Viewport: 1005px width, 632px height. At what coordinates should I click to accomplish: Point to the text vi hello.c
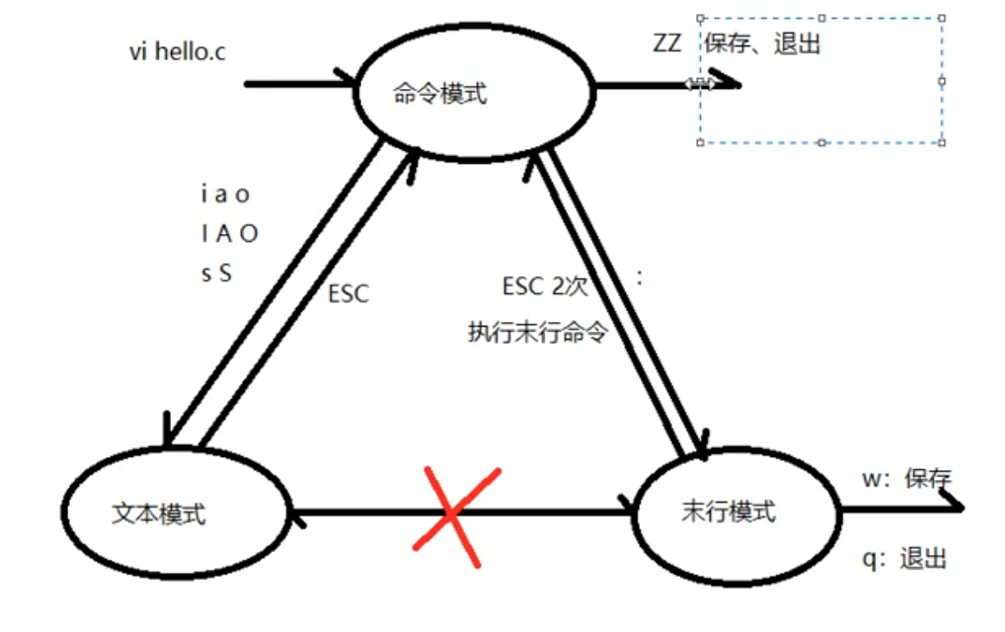(x=177, y=51)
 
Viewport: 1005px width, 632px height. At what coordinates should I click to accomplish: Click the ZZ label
(x=666, y=44)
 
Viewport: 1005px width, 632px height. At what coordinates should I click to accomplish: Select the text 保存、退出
(x=762, y=44)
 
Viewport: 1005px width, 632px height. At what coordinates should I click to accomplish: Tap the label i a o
(x=224, y=195)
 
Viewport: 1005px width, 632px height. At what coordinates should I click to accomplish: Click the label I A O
(x=228, y=234)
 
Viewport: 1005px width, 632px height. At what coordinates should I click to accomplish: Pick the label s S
(x=216, y=274)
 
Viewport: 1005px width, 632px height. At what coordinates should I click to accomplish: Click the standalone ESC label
(x=348, y=294)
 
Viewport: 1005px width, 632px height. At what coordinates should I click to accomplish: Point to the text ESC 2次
(x=545, y=287)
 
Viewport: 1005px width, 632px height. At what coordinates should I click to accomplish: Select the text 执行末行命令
(x=536, y=333)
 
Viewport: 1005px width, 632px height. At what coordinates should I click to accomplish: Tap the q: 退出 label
(x=904, y=559)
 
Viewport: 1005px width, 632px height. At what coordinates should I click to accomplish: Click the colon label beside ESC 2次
(x=641, y=278)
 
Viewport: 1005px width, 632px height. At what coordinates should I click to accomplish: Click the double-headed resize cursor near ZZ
(x=700, y=84)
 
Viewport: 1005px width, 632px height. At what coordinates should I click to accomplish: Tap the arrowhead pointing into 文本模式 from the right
(x=295, y=513)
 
